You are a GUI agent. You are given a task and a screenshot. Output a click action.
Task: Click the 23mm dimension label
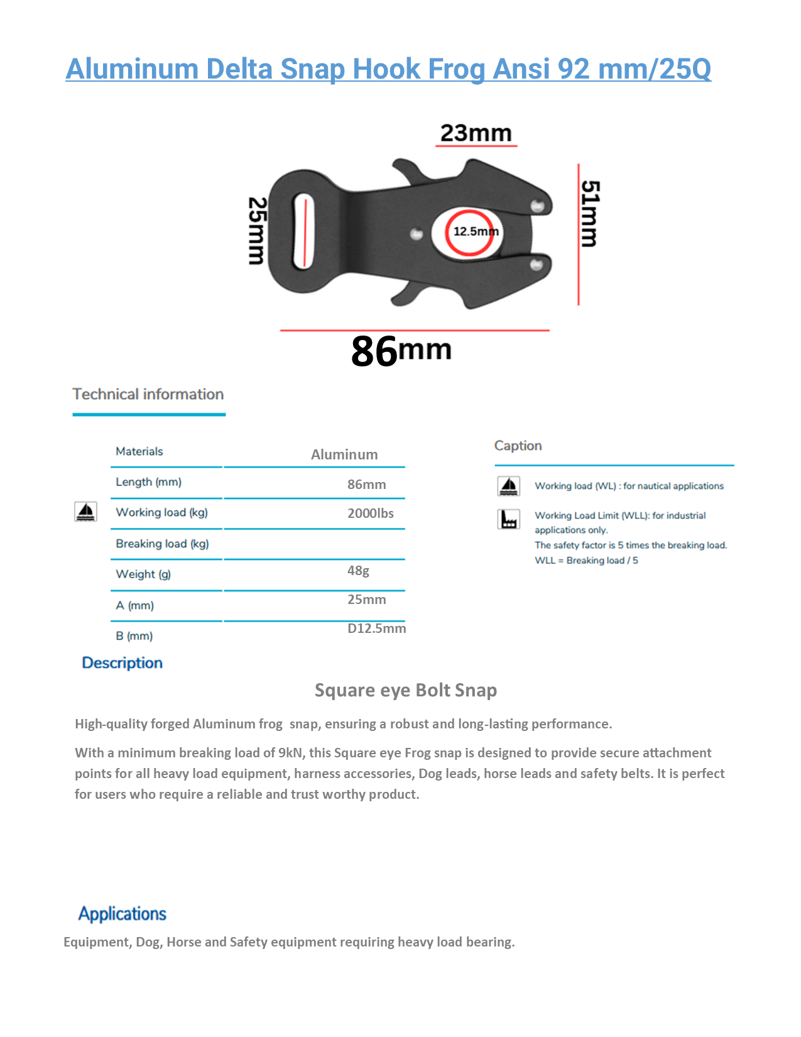(476, 133)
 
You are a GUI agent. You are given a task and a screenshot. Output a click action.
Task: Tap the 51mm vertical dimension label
(589, 214)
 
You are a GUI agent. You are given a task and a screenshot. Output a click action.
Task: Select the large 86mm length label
(401, 350)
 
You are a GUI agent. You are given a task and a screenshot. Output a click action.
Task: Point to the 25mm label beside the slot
(257, 231)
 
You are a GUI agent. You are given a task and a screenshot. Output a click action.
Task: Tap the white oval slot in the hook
(303, 231)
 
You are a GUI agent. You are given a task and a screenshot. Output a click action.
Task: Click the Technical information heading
(148, 394)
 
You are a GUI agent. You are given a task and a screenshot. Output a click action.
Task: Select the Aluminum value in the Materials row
(344, 454)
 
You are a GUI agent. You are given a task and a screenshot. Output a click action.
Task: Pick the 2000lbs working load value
(371, 513)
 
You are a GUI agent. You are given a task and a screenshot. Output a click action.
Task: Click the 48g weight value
(358, 571)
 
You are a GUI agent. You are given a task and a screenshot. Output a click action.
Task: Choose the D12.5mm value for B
(376, 628)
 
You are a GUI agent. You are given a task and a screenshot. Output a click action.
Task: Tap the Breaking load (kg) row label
(162, 544)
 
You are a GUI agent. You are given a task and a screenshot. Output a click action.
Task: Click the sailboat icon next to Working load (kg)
(85, 512)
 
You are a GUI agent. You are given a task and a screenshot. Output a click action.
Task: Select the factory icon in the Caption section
(508, 519)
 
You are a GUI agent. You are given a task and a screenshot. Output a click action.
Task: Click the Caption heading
(518, 446)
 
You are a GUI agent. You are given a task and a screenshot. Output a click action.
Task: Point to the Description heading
(122, 663)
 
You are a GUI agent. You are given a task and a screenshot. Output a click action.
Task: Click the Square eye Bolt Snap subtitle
(405, 690)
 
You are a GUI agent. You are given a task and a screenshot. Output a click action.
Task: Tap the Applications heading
(123, 914)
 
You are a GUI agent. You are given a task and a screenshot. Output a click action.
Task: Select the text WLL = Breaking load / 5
(586, 560)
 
